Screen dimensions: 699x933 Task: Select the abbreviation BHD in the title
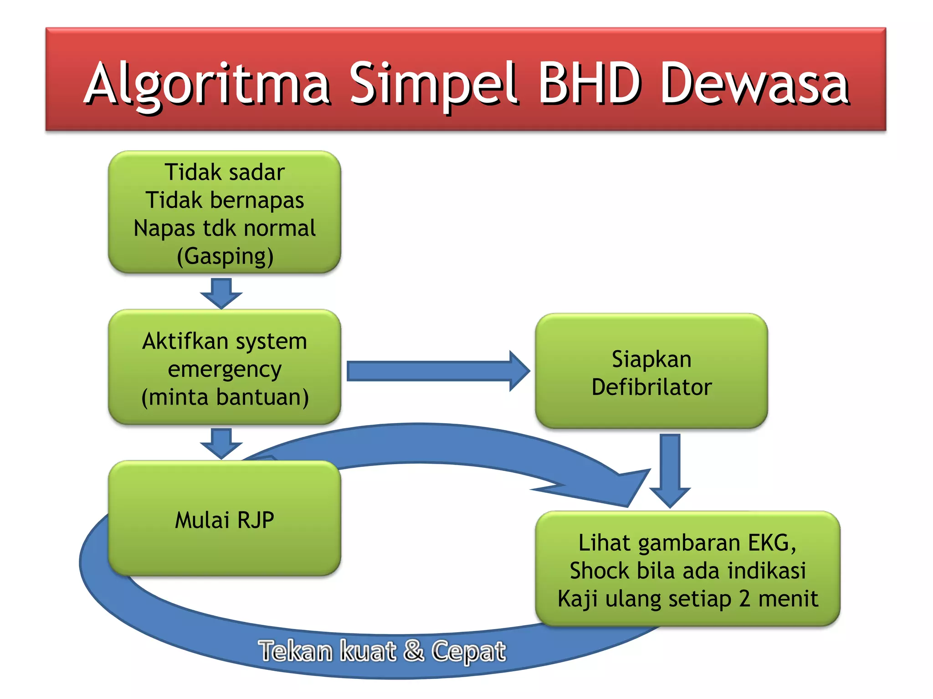(x=590, y=83)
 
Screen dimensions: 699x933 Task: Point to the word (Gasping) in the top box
(x=225, y=256)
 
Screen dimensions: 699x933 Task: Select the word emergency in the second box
(x=225, y=369)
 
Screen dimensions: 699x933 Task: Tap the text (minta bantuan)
(x=225, y=397)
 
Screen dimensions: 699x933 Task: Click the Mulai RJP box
(x=225, y=519)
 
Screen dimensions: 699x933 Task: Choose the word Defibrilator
(x=651, y=387)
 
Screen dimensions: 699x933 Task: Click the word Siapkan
(x=651, y=359)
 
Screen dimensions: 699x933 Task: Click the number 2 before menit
(x=744, y=599)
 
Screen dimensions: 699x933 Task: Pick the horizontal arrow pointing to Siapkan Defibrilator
(x=437, y=371)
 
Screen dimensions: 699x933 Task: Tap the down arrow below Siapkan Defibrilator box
(x=670, y=471)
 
